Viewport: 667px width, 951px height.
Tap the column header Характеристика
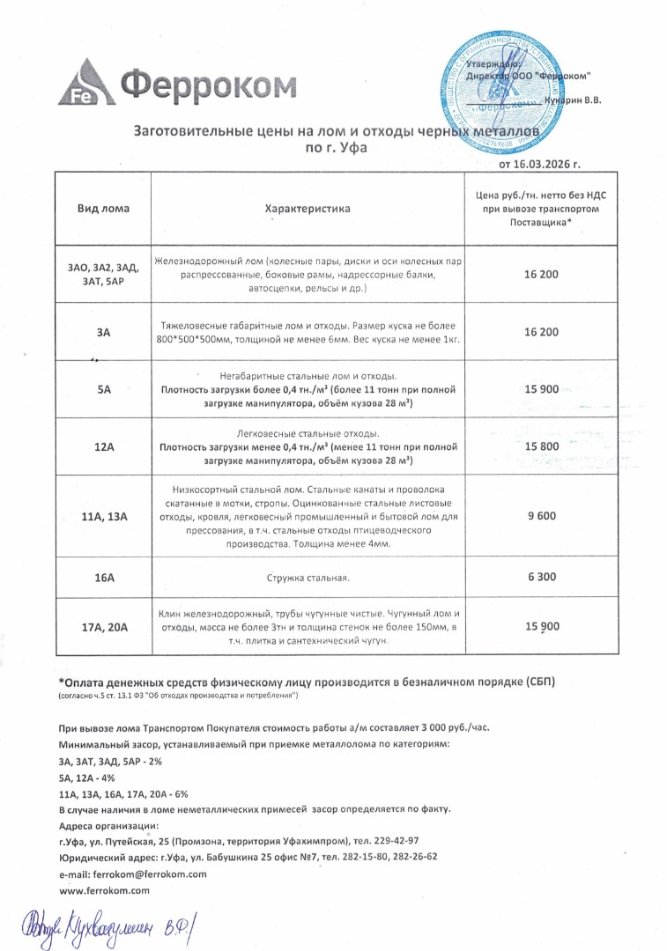pyautogui.click(x=308, y=209)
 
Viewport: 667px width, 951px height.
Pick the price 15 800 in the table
pyautogui.click(x=541, y=446)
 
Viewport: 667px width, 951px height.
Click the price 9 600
pyautogui.click(x=541, y=517)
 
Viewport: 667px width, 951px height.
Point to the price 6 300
pyautogui.click(x=541, y=578)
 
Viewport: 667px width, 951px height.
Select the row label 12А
pyautogui.click(x=104, y=447)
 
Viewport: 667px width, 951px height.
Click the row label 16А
pyautogui.click(x=104, y=579)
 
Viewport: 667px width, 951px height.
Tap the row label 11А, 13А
pyautogui.click(x=104, y=517)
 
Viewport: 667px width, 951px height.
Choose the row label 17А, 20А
pyautogui.click(x=104, y=627)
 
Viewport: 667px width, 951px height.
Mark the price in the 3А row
pyautogui.click(x=541, y=331)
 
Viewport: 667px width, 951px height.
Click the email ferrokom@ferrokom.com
pyautogui.click(x=132, y=874)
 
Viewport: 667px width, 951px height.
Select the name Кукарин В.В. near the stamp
pyautogui.click(x=572, y=101)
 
